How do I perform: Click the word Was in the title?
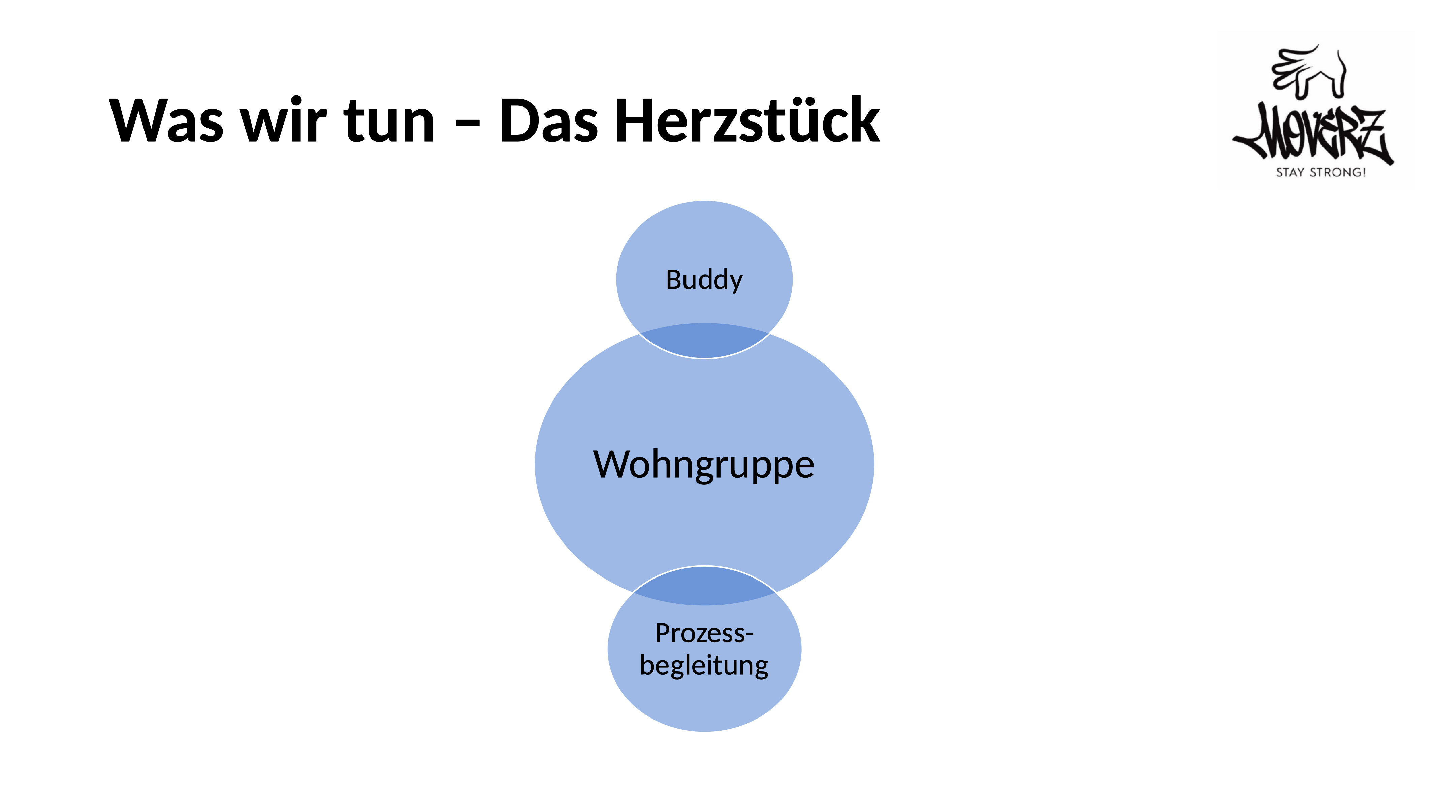click(166, 120)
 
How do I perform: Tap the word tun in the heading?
click(389, 121)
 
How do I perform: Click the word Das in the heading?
click(549, 120)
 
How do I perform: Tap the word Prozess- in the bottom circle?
click(704, 633)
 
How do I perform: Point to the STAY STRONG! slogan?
click(1321, 173)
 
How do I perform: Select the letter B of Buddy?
click(675, 279)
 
